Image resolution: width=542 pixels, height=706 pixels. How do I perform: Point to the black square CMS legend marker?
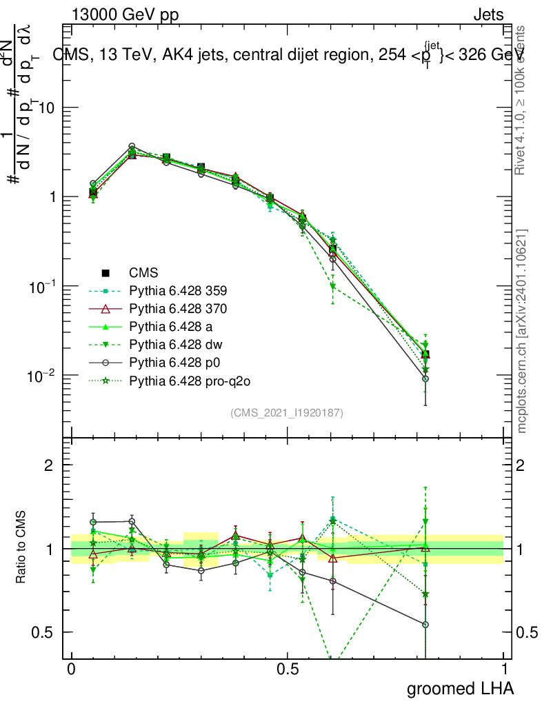pos(106,272)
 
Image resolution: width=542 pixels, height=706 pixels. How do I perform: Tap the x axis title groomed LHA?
pos(460,689)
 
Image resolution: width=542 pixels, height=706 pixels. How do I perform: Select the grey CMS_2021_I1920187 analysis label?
pos(287,413)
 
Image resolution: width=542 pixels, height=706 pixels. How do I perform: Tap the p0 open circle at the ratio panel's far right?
pos(425,625)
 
